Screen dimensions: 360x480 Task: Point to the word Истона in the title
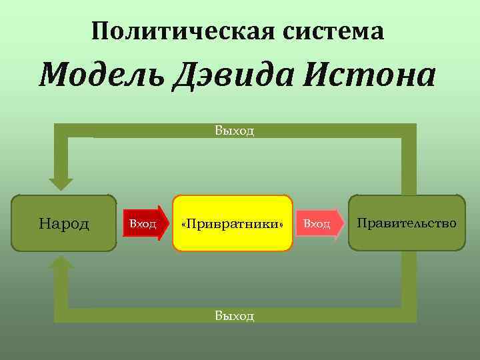click(371, 76)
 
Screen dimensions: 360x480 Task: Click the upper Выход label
click(234, 131)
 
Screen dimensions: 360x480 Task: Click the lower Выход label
click(234, 315)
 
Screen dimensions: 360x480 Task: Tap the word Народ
click(64, 223)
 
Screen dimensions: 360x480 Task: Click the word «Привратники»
click(233, 224)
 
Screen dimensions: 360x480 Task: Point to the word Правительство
click(407, 223)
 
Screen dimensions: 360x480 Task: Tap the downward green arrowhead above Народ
click(62, 181)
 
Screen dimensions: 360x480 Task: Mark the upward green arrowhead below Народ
click(62, 265)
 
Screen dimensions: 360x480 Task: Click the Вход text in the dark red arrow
click(142, 223)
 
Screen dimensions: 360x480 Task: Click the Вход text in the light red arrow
click(317, 223)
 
